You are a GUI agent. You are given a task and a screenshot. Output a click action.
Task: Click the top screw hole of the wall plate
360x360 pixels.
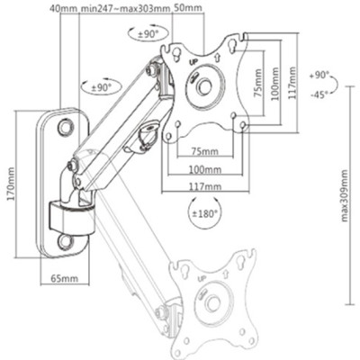66,129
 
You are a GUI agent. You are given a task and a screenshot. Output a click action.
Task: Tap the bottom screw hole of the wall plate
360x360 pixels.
66,241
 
